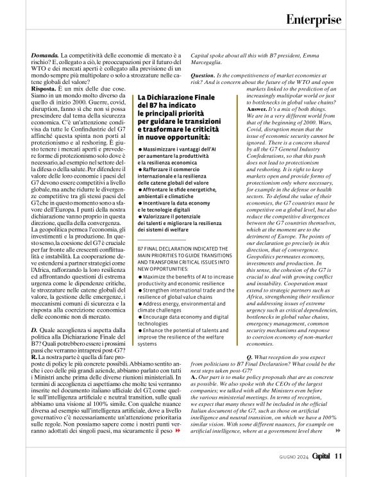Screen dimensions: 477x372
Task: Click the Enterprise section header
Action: (x=313, y=19)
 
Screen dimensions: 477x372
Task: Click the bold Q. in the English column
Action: (x=249, y=356)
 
